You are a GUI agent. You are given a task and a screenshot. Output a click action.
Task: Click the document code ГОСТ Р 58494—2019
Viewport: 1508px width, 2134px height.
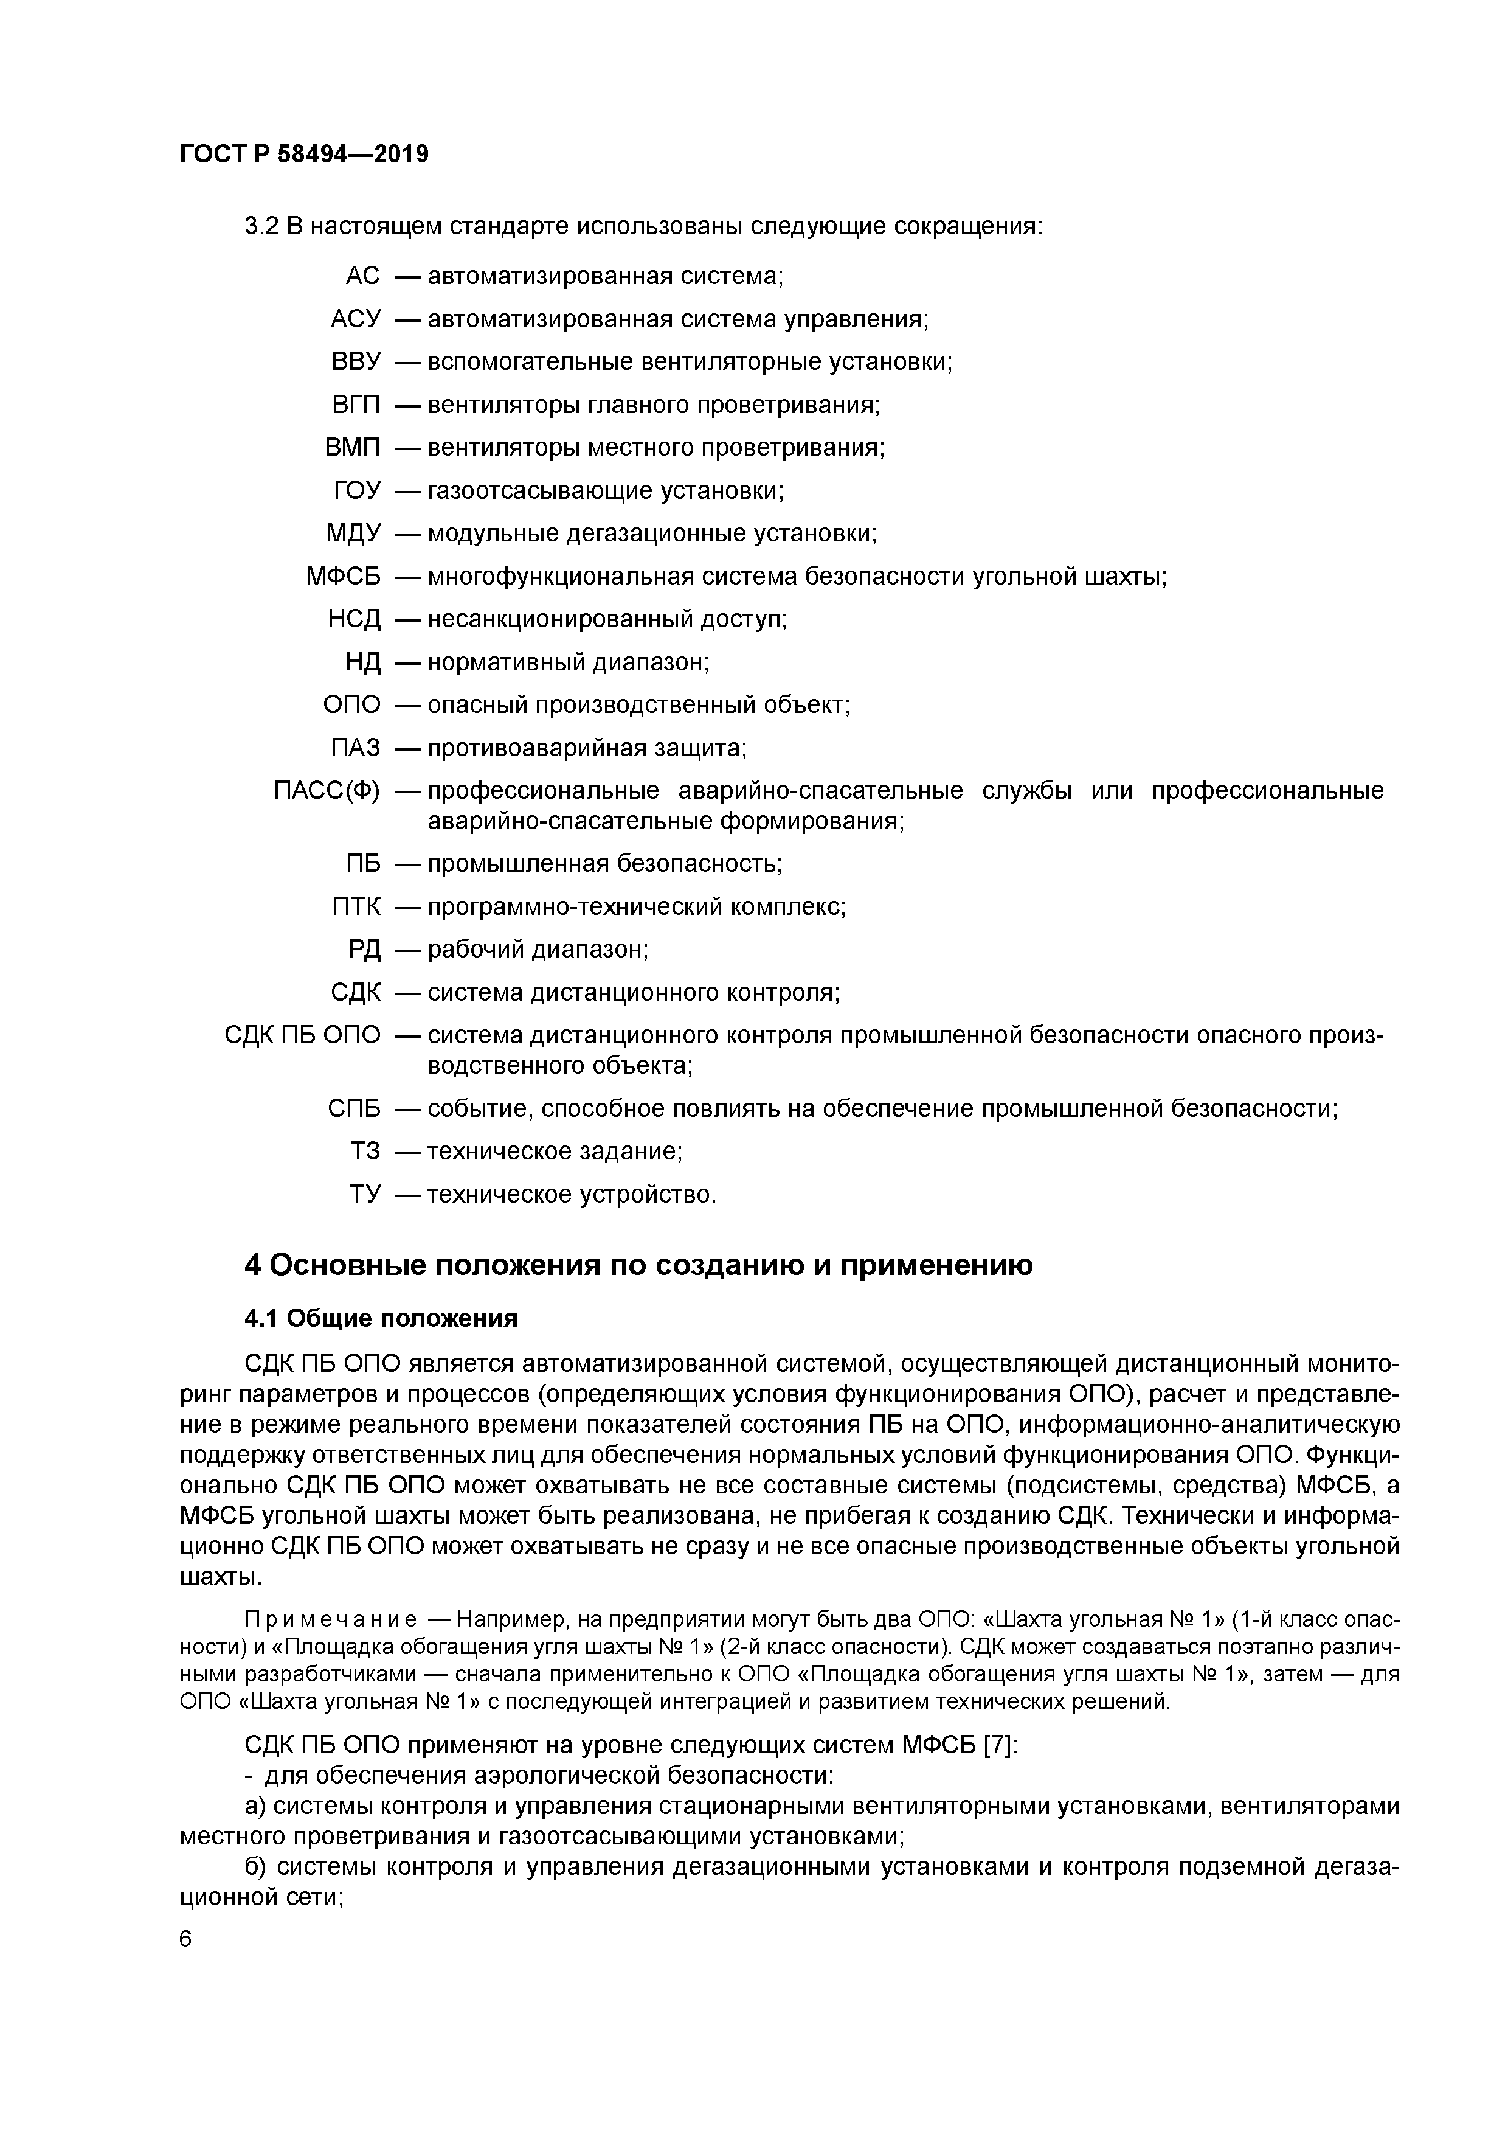[304, 155]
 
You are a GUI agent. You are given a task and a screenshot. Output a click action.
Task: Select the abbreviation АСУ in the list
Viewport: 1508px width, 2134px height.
[355, 319]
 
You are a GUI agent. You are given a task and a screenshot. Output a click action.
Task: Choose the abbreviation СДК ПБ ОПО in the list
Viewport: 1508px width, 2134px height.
[302, 1035]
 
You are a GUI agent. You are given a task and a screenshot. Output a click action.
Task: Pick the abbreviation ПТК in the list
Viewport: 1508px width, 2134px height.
[355, 906]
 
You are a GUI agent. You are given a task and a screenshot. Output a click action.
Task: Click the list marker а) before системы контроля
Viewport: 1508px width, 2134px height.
[257, 1806]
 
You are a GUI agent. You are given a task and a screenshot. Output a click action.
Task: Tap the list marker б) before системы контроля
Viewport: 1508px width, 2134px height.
[257, 1868]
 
